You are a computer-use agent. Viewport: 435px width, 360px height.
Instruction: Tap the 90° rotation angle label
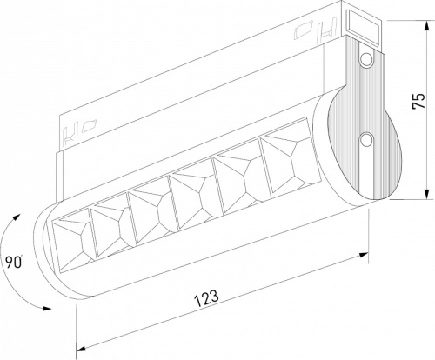point(10,261)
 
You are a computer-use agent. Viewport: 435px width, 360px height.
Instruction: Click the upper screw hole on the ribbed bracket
point(365,58)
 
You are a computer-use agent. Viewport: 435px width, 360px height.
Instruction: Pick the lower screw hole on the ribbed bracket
point(365,139)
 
